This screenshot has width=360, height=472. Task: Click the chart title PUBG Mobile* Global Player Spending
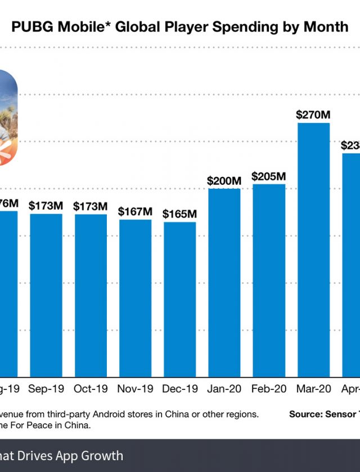pos(180,26)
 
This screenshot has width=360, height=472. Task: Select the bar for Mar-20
pos(313,247)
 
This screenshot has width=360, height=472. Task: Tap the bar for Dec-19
pos(180,298)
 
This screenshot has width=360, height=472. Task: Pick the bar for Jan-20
pos(224,281)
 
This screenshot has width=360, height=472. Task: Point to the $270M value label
pos(313,115)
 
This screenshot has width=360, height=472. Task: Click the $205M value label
pos(269,176)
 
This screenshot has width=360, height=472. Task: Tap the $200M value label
pos(224,181)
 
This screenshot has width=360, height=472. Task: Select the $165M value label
pos(180,214)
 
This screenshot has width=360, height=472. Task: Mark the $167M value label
pos(135,212)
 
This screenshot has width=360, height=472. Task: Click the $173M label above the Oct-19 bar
pos(91,206)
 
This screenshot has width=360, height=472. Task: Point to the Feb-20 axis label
pos(269,389)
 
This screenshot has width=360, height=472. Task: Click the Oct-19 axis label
pos(91,389)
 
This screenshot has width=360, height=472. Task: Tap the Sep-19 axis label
pos(46,389)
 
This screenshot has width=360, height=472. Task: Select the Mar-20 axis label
pos(313,389)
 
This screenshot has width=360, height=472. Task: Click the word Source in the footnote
pos(304,414)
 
